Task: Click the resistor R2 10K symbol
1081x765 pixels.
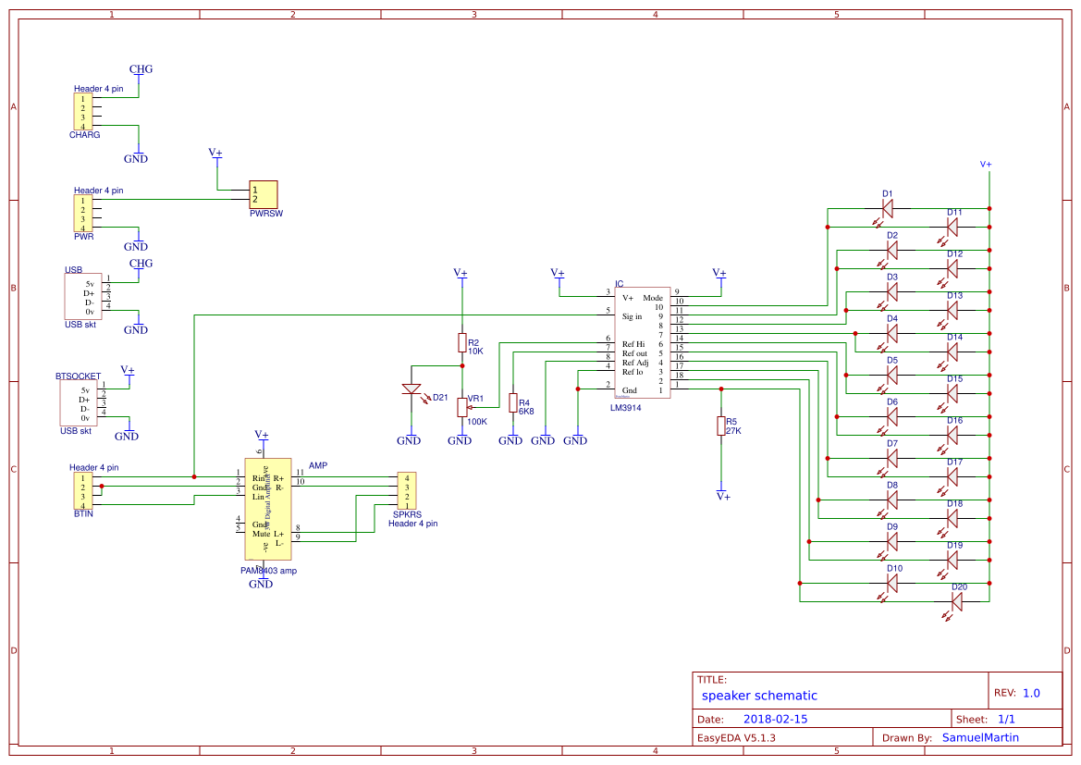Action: pos(461,343)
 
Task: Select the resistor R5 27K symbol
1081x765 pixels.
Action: pos(720,426)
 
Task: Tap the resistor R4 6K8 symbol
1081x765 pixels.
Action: pos(512,402)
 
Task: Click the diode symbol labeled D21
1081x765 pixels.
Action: pos(411,389)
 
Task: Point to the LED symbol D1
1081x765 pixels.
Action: pos(888,209)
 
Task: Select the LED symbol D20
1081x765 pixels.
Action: pos(957,601)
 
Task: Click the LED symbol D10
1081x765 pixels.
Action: pos(892,583)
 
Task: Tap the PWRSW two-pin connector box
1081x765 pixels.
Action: pos(264,194)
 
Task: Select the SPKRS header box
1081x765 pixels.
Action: pos(406,491)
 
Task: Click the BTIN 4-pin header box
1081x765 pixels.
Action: pos(83,491)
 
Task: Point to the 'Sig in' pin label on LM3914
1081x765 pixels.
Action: pos(632,316)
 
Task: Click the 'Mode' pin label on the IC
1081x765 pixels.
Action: pos(653,298)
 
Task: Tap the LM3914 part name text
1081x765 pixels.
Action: pos(626,407)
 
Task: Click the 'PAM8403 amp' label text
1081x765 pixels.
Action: pos(268,571)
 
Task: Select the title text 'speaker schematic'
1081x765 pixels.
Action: pos(759,696)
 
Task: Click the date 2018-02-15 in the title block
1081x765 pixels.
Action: pos(775,719)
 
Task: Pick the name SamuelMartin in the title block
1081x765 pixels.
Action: pos(981,737)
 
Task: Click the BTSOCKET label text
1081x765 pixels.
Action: pos(79,376)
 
